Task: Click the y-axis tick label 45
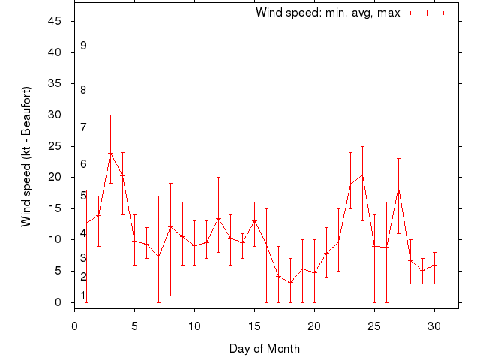(x=55, y=21)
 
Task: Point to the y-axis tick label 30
(x=55, y=115)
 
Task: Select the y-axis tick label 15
(x=55, y=208)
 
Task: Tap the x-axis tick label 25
(x=374, y=326)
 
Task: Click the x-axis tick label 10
(x=194, y=326)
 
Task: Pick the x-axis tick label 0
(x=74, y=326)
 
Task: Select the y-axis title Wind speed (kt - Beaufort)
(x=25, y=157)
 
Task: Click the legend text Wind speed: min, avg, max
(x=328, y=13)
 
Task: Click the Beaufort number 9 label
(x=83, y=46)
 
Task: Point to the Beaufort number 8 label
(x=83, y=90)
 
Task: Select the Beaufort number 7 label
(x=83, y=127)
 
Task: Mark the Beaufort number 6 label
(x=83, y=164)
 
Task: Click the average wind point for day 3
(x=110, y=154)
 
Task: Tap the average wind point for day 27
(x=398, y=187)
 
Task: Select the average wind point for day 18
(x=290, y=283)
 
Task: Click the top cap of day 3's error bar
(x=110, y=115)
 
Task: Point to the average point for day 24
(x=362, y=175)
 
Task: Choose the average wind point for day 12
(x=218, y=219)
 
